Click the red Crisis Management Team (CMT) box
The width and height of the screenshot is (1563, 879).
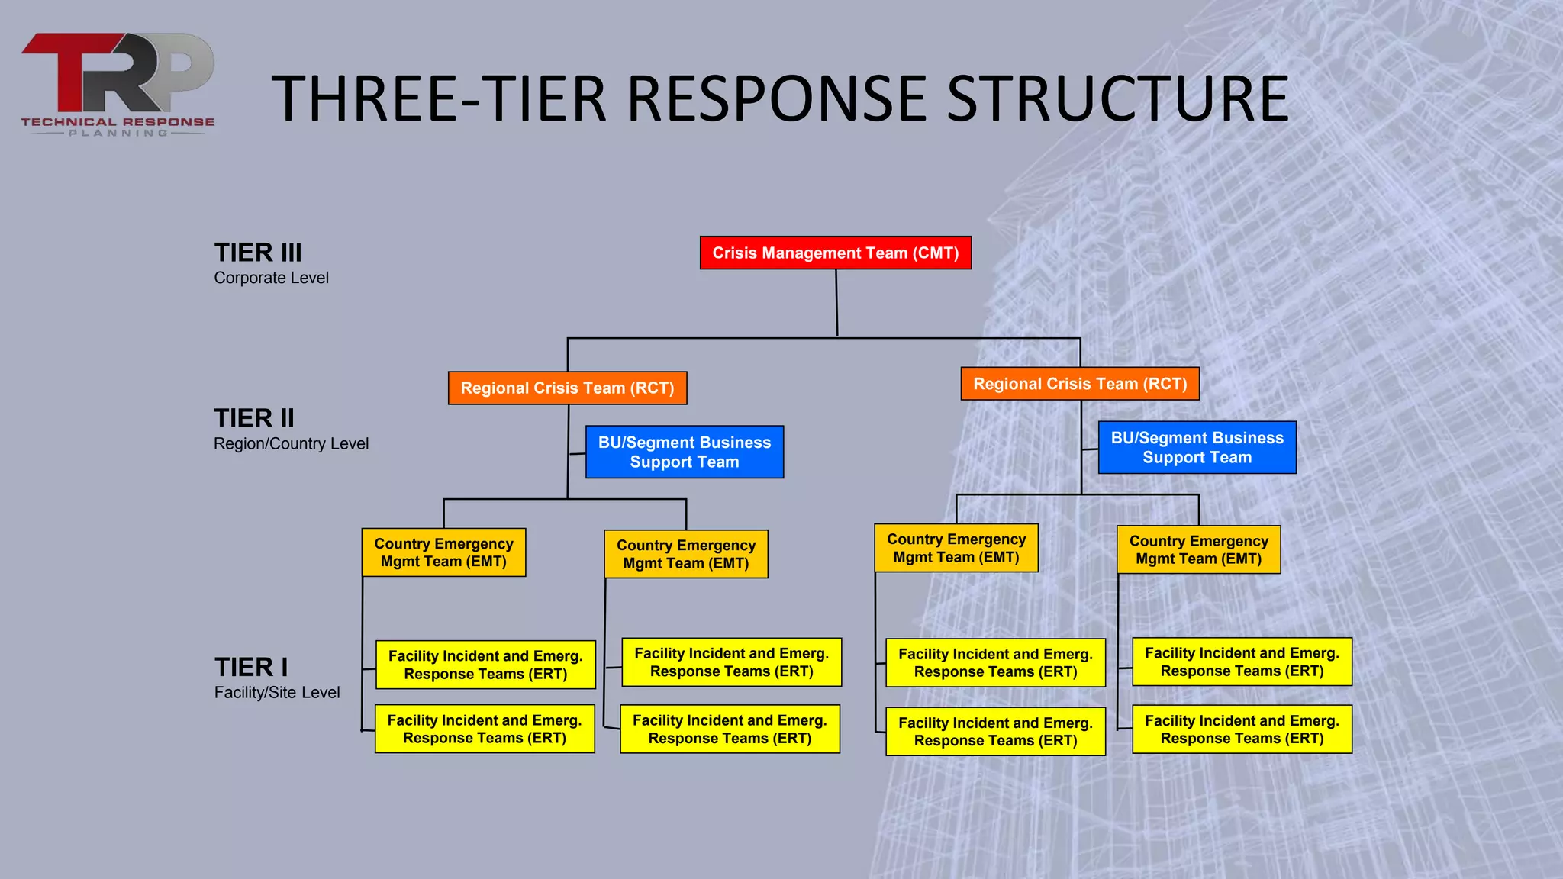836,253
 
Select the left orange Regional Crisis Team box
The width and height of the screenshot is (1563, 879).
567,388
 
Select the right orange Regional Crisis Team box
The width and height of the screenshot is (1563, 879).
1080,384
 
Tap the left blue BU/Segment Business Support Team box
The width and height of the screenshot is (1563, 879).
685,452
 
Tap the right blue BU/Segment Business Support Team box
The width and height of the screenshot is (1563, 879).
1197,447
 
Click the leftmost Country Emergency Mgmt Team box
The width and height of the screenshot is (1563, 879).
443,552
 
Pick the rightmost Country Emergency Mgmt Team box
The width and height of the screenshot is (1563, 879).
1198,549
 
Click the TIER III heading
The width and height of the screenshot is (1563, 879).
258,253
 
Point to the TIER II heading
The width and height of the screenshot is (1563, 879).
254,418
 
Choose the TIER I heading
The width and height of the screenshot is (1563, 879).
251,667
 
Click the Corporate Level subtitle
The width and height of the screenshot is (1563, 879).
271,278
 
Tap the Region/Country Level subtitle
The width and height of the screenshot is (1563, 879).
291,443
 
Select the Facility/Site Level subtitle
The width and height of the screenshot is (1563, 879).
277,692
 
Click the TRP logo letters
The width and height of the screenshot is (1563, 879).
118,72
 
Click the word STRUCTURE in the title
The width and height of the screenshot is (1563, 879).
1117,98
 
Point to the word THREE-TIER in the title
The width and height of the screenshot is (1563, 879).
439,98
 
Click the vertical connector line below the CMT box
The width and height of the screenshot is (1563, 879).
836,303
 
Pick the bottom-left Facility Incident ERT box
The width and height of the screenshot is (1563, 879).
485,729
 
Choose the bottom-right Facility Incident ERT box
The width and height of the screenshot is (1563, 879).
1242,729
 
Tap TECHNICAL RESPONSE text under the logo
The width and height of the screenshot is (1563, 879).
118,121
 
